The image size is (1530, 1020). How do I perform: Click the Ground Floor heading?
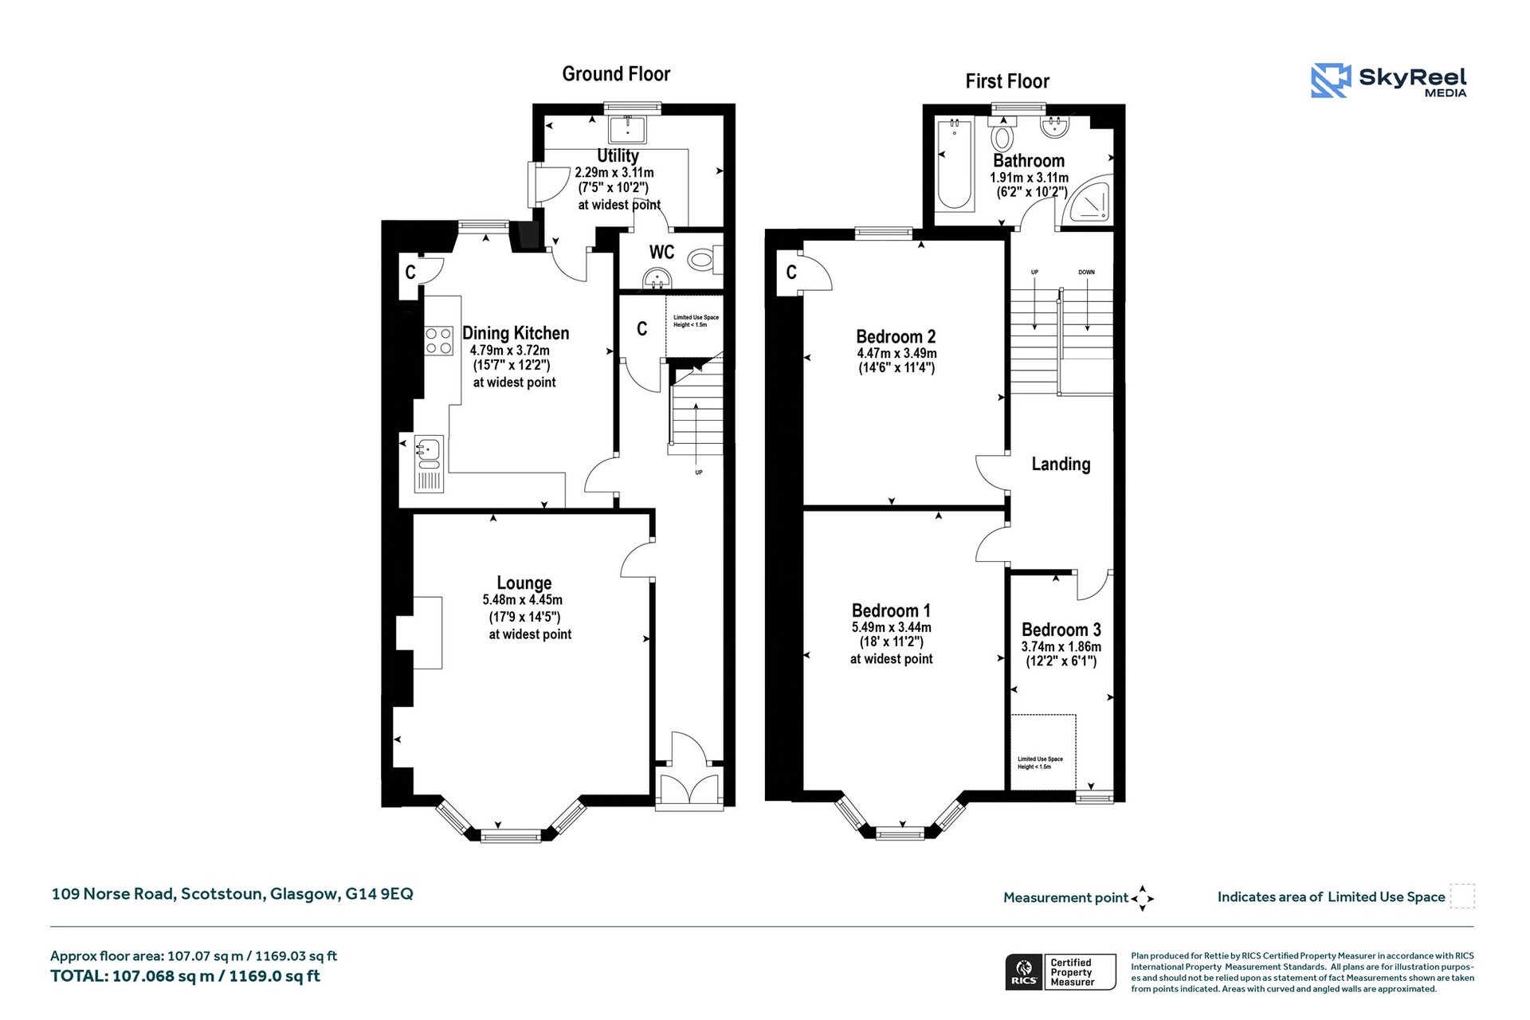(x=616, y=74)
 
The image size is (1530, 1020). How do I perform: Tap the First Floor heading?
(x=1007, y=81)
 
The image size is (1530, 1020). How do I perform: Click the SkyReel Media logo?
(x=1389, y=80)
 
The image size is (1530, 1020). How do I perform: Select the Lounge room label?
(x=524, y=583)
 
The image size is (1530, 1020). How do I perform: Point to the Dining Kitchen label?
(x=516, y=333)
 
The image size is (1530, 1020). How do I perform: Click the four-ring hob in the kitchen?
(x=438, y=341)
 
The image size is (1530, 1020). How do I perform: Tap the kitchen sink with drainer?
(x=429, y=463)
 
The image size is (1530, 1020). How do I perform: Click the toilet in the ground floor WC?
(x=704, y=259)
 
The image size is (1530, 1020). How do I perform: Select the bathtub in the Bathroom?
(x=954, y=165)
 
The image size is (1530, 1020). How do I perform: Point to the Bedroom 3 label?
(x=1061, y=630)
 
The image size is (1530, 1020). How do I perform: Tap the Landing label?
(x=1061, y=464)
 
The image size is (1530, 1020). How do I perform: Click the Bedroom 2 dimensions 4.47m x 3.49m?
(x=896, y=353)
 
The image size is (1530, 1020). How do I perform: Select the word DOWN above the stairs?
(x=1087, y=273)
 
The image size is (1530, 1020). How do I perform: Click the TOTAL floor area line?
(x=185, y=976)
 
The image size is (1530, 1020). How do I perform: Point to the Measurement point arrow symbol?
(x=1142, y=898)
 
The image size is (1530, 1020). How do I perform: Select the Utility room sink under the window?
(x=628, y=129)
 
